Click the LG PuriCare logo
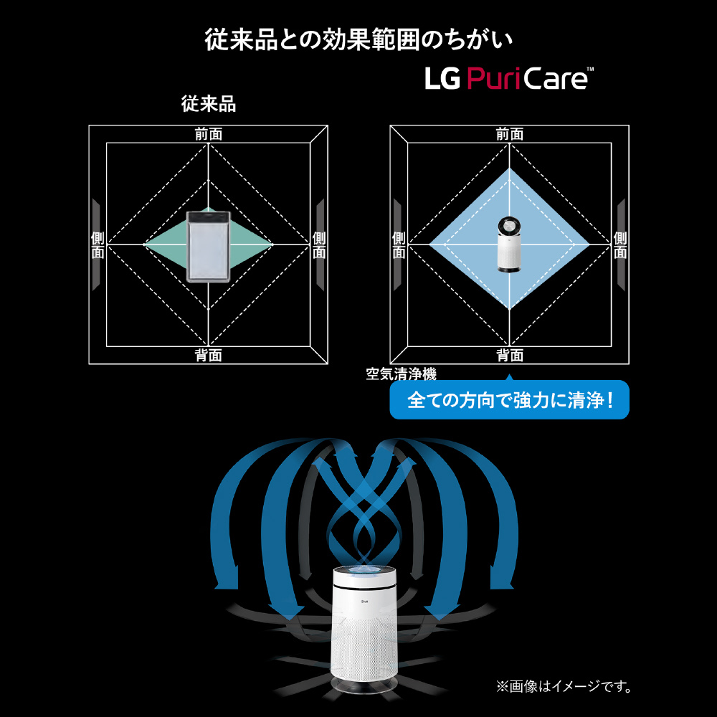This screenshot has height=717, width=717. (509, 78)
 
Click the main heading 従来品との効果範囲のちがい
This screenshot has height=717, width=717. (359, 39)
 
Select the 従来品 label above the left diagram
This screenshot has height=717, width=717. (209, 104)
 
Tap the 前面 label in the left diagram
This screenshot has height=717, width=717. (209, 135)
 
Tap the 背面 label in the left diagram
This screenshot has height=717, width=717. (209, 355)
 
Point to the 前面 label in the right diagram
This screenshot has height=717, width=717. (509, 135)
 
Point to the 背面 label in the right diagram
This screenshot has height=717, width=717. (509, 355)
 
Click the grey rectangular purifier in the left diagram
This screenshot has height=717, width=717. (209, 246)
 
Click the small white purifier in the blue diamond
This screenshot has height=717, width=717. (509, 244)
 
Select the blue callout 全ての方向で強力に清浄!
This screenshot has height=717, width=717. (509, 399)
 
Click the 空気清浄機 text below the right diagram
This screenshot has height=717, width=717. (401, 374)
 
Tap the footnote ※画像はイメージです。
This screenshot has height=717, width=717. (564, 686)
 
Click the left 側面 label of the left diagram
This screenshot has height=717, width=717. (98, 244)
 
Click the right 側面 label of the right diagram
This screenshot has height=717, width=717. (620, 244)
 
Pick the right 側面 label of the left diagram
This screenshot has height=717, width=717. (319, 244)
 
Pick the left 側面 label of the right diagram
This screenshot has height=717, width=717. (399, 244)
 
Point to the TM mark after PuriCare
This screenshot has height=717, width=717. (590, 70)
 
